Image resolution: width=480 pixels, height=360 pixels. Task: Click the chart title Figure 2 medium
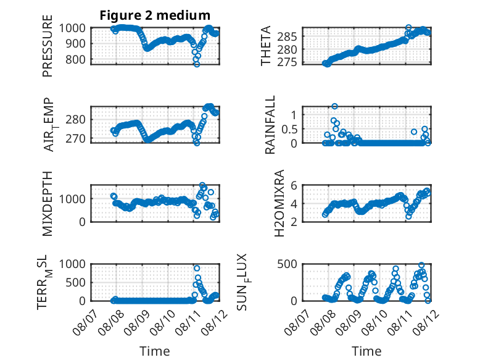tap(155, 15)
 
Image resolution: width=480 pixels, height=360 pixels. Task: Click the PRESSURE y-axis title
tap(48, 46)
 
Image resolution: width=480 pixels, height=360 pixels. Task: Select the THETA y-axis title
tap(266, 46)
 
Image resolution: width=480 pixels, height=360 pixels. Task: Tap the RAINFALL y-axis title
tap(270, 125)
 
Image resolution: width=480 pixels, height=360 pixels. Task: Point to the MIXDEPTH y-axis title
tap(48, 204)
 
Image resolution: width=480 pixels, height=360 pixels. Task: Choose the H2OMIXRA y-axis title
tap(279, 203)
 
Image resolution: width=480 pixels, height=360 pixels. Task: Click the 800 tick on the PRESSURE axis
tap(75, 59)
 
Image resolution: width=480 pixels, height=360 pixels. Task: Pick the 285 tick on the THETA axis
tap(287, 37)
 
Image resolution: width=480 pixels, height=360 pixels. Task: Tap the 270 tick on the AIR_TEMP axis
tap(75, 138)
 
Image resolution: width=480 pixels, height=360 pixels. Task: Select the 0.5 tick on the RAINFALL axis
tap(289, 130)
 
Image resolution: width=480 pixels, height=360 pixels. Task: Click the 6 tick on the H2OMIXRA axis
tap(294, 185)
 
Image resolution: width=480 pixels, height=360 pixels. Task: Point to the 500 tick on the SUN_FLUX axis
tap(287, 264)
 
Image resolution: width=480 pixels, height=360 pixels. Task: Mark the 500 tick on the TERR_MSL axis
tap(75, 282)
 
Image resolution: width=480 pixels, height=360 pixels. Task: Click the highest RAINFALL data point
tap(334, 106)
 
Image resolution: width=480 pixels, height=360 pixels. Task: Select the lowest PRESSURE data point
tap(197, 64)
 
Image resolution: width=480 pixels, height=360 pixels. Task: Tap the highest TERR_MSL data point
tap(197, 268)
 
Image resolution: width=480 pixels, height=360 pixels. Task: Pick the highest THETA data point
tap(408, 27)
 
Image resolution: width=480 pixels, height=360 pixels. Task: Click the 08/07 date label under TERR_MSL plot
tap(85, 322)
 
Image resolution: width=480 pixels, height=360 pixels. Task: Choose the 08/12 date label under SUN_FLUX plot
tap(426, 322)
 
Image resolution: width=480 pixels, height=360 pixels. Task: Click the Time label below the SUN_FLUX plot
tap(366, 351)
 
